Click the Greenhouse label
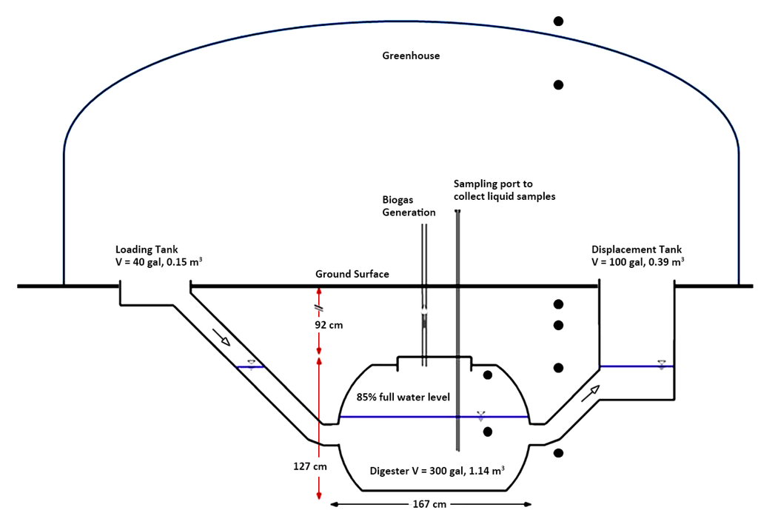coord(411,56)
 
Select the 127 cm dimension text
coord(310,466)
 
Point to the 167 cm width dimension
coord(429,504)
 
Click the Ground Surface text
coord(352,274)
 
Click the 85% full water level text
coord(403,397)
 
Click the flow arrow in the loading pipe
coord(221,338)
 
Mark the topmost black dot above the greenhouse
coord(559,21)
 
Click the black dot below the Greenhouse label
coord(559,85)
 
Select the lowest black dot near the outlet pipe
coord(559,453)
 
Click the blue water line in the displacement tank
coord(637,366)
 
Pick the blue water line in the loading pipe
coord(250,367)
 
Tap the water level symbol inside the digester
coord(481,415)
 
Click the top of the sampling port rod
coord(458,212)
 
